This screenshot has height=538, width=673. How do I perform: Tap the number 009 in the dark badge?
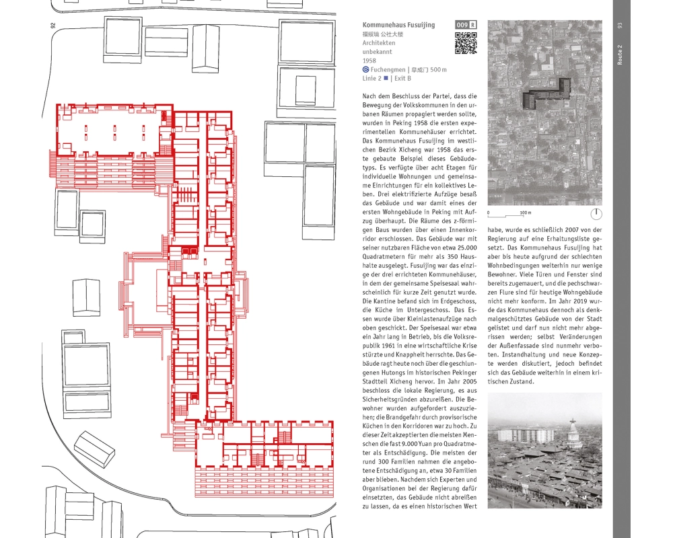tap(462, 25)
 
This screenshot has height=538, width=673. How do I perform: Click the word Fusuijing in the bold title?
tap(420, 25)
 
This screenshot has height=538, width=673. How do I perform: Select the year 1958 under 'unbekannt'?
tap(369, 61)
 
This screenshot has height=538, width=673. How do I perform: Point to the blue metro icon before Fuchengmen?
tap(365, 70)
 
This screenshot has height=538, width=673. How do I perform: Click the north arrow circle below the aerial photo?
tap(596, 215)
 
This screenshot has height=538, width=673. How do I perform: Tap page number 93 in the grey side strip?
tap(621, 26)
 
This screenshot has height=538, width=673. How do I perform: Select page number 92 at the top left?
tap(52, 26)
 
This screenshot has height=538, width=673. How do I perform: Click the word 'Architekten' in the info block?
tap(377, 43)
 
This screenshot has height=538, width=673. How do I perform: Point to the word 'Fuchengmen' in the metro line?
tap(388, 70)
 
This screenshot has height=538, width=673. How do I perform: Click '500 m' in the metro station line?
tap(439, 70)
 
